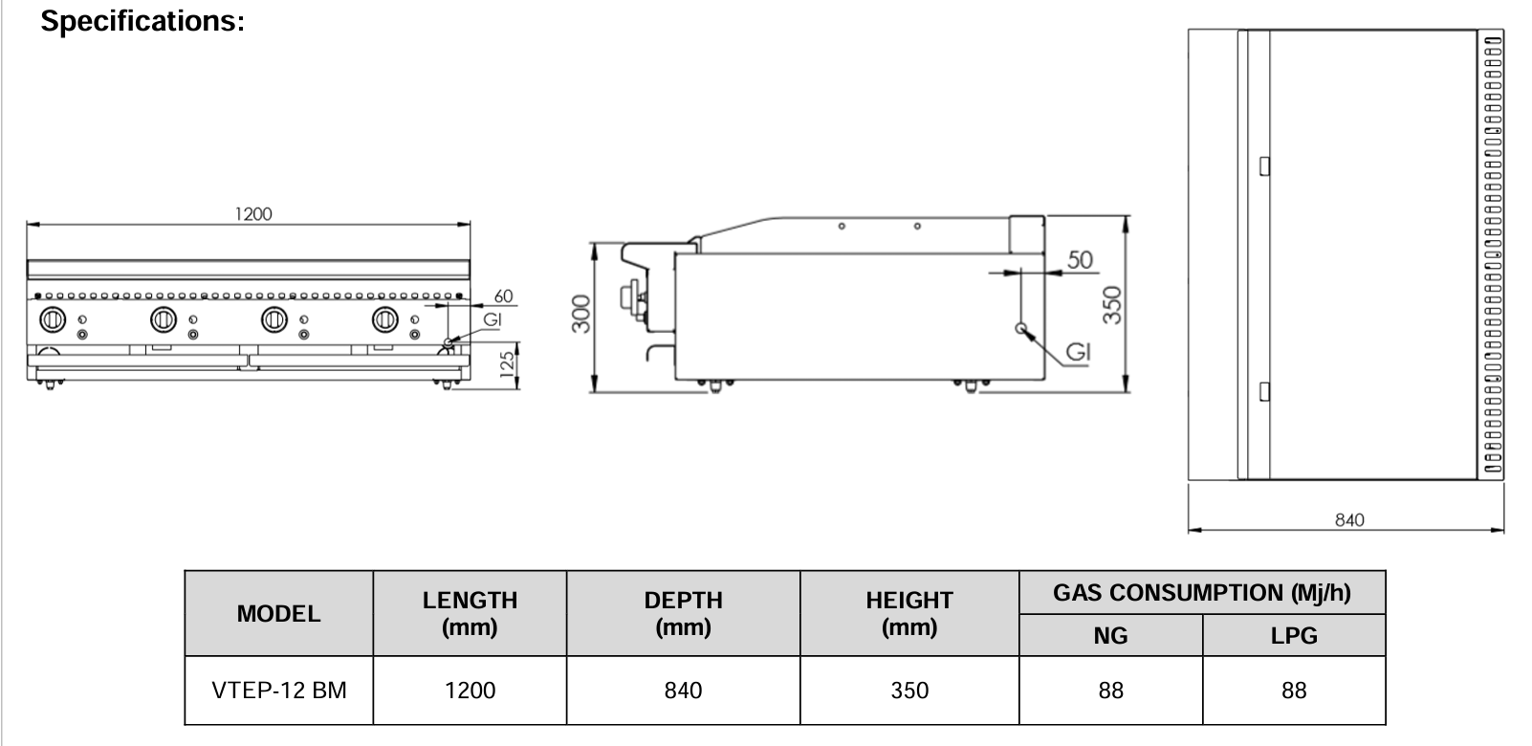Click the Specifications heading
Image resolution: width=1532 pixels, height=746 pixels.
tap(142, 22)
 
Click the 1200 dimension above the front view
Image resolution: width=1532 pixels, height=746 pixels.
tap(253, 214)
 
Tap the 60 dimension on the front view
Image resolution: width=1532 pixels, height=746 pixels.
tap(503, 296)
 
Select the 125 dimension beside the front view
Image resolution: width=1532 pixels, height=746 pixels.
tap(508, 364)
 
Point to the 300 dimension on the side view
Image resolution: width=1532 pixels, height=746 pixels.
tap(580, 315)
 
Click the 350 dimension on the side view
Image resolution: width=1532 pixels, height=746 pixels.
tap(1111, 304)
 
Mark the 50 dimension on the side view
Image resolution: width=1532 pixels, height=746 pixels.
tap(1080, 259)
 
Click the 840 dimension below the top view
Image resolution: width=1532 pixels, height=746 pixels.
tap(1348, 519)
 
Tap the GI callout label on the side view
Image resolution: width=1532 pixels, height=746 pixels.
tap(1078, 353)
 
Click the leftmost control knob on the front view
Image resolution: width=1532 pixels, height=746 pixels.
tap(51, 319)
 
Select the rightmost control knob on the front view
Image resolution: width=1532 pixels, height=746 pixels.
tap(385, 319)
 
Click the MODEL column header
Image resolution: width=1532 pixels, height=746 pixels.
tap(278, 614)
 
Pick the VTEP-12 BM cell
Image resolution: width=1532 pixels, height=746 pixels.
tap(278, 691)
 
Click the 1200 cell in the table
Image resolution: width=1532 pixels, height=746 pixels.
tap(470, 691)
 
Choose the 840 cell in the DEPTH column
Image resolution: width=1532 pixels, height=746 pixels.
tap(683, 691)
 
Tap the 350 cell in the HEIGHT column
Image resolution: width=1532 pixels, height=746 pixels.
tap(908, 691)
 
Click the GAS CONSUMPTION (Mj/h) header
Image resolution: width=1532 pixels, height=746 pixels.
tap(1201, 593)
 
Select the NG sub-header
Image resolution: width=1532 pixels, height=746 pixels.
tap(1110, 635)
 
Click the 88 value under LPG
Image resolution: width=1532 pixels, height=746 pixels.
tap(1293, 691)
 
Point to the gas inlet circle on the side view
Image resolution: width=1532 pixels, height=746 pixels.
tap(1021, 329)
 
